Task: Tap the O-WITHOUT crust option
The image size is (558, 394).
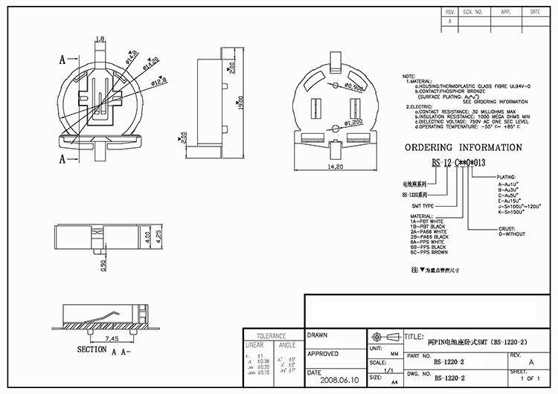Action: [512, 234]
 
